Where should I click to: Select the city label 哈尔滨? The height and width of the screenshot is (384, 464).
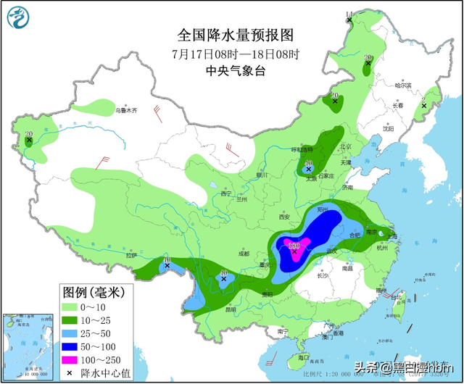(403, 85)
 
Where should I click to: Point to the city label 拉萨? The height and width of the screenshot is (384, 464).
(130, 255)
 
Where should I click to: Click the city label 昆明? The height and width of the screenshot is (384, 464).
(231, 309)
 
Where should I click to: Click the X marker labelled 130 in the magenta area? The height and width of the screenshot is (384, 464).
(295, 251)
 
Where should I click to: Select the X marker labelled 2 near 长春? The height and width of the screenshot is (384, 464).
(424, 107)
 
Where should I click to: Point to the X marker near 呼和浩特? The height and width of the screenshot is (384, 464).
(309, 168)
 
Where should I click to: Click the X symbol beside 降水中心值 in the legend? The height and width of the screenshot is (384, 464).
(70, 372)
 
